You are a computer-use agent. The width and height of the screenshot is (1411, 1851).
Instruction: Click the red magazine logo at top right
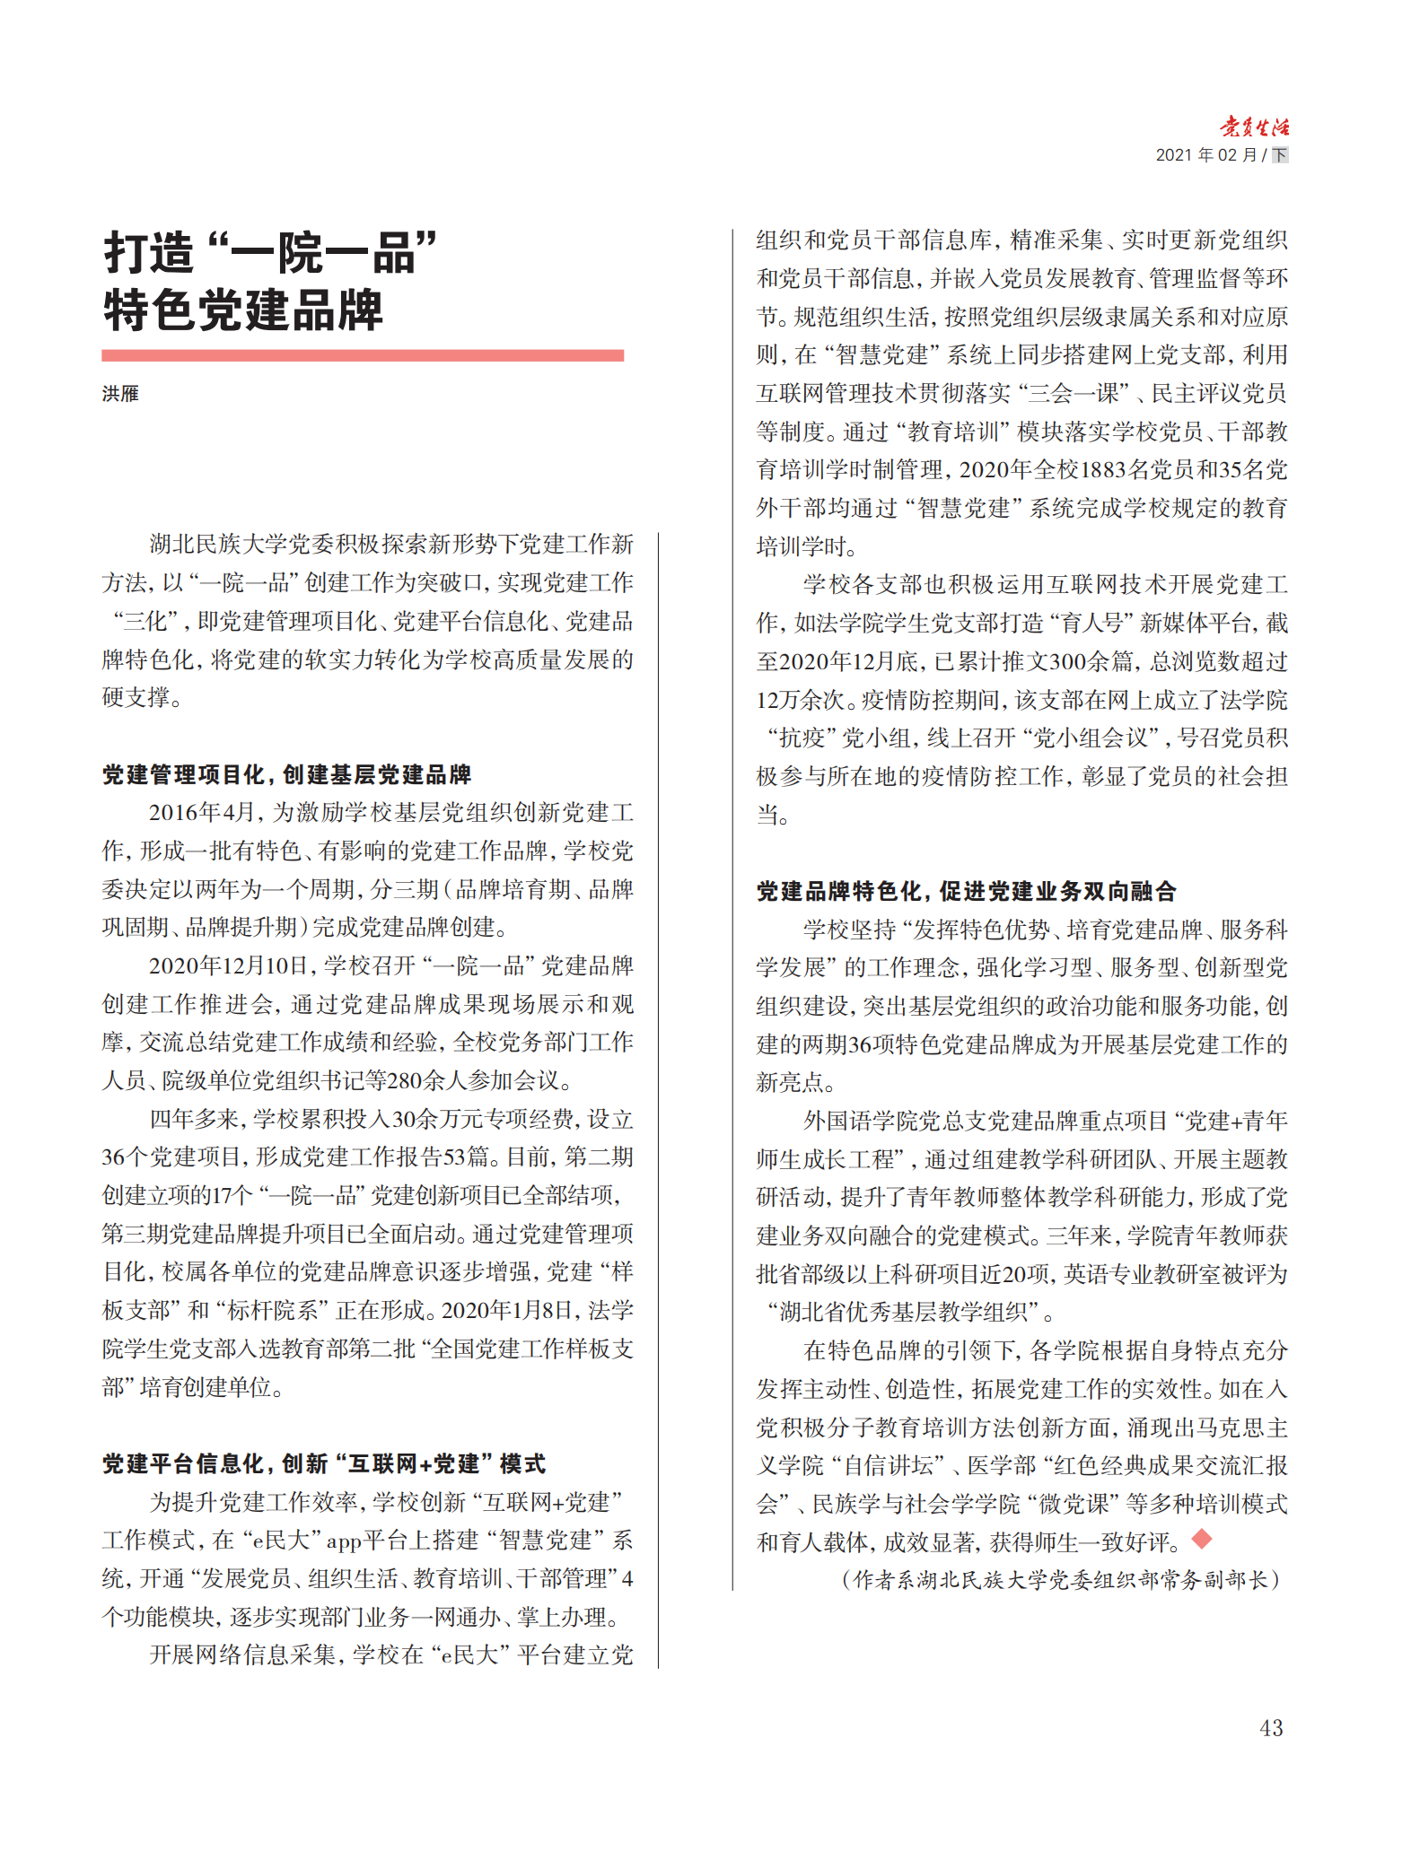click(1254, 127)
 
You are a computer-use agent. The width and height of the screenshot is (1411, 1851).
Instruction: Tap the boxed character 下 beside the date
click(1280, 155)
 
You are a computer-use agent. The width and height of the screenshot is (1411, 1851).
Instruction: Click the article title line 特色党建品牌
click(243, 310)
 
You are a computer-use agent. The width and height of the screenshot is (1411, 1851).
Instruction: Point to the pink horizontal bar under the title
click(363, 356)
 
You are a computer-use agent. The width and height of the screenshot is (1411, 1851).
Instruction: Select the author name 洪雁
click(120, 394)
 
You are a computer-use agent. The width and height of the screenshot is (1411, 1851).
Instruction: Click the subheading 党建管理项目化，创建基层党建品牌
click(286, 774)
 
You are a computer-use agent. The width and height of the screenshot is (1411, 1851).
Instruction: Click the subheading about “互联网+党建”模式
click(323, 1464)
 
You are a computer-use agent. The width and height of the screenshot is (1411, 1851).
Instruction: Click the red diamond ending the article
click(1202, 1540)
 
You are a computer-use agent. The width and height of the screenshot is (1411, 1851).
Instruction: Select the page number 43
click(1271, 1727)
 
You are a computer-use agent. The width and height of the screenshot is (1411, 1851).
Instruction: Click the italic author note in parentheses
click(1060, 1580)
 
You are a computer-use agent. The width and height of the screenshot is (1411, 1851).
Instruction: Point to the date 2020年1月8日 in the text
click(508, 1311)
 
